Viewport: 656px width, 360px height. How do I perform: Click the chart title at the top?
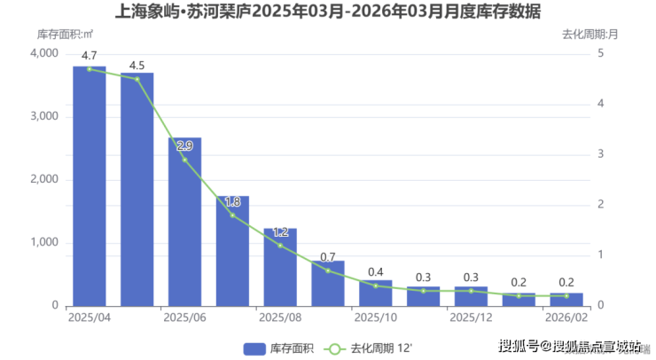pos(328,12)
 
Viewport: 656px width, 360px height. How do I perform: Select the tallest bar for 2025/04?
pos(89,186)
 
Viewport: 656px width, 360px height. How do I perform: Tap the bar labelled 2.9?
pos(184,222)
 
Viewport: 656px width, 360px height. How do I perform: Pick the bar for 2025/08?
pos(280,267)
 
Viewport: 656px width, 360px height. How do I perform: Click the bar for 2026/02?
pos(566,299)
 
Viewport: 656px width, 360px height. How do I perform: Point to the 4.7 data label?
pos(89,56)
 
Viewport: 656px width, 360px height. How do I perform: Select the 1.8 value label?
pos(232,202)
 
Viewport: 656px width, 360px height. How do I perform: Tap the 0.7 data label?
pos(328,257)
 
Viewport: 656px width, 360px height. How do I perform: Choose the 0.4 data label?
pos(376,272)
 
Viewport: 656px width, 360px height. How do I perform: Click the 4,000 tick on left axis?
pos(43,53)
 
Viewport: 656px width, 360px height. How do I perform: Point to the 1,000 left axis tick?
pos(43,242)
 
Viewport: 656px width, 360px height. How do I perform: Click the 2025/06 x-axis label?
pos(184,317)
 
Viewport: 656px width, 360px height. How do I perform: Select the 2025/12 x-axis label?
pos(471,317)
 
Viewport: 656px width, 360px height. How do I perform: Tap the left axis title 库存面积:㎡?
pos(66,35)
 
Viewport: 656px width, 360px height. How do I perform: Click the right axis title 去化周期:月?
pos(590,35)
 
